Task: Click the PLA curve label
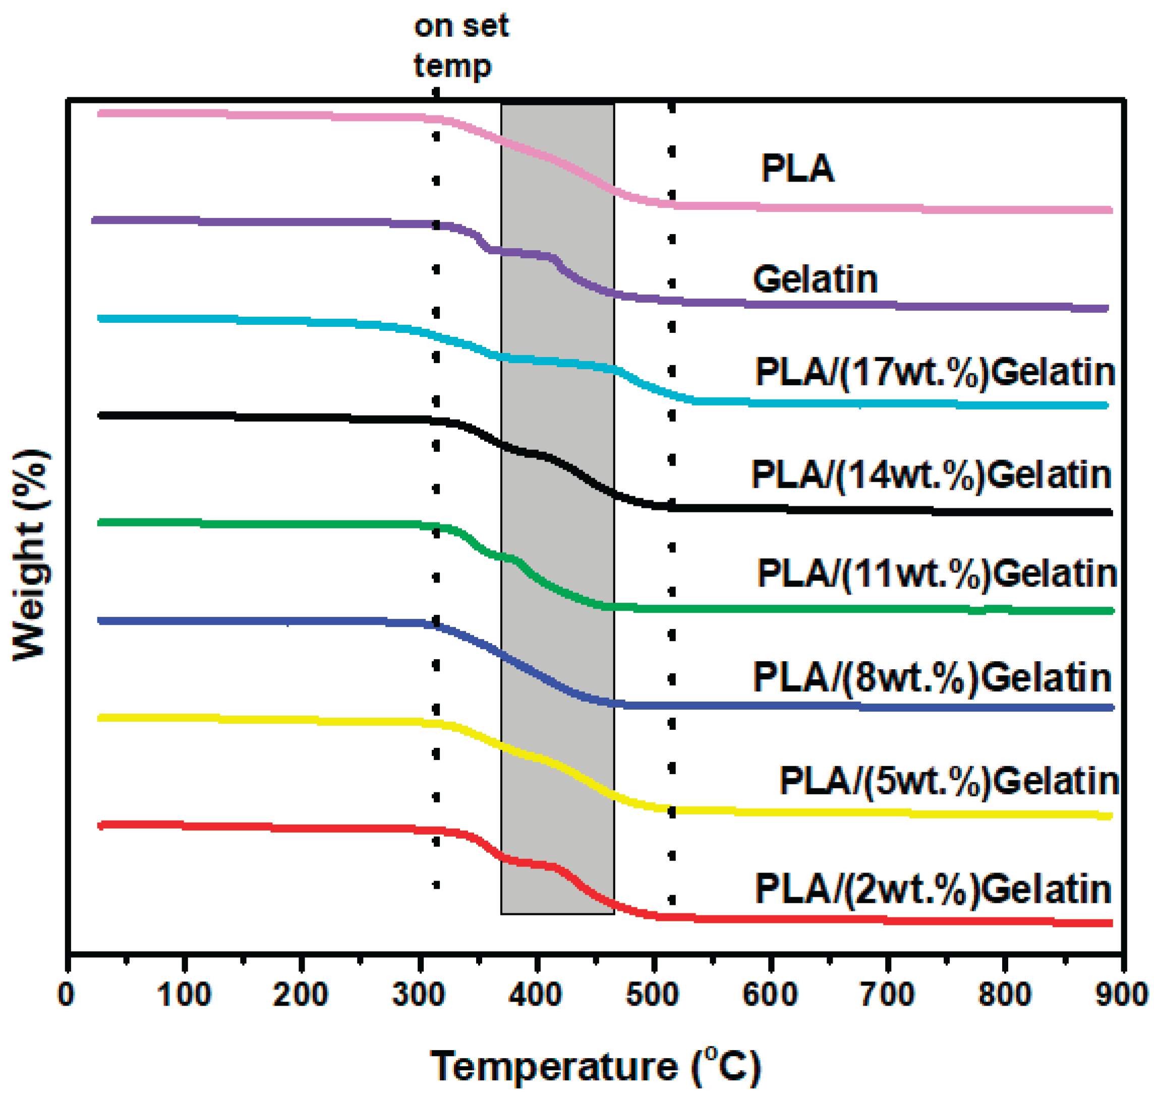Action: (796, 169)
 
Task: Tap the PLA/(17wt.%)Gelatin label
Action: (935, 372)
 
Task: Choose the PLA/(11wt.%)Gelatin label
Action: (937, 573)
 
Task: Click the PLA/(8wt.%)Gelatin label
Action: (932, 678)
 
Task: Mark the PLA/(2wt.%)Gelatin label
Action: (933, 889)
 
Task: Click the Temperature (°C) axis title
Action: (595, 1065)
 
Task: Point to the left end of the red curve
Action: (101, 825)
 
